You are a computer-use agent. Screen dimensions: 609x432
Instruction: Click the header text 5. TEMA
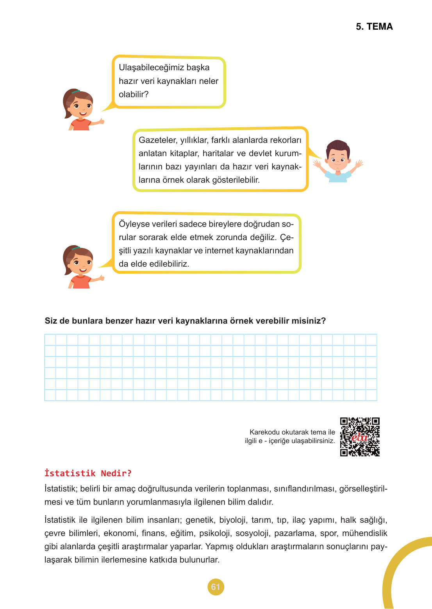(374, 27)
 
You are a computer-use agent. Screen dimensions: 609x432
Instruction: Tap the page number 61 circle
(216, 587)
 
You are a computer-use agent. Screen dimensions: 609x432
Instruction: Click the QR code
(360, 437)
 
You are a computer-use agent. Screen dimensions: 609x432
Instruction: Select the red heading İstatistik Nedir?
(88, 473)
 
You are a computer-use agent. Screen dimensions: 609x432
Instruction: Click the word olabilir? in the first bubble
(134, 94)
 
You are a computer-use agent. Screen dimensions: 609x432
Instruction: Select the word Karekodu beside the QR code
(264, 432)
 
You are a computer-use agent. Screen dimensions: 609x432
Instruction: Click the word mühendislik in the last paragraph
(364, 533)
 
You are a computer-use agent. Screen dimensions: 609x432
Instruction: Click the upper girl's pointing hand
(101, 121)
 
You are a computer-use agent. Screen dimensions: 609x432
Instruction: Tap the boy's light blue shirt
(338, 176)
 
